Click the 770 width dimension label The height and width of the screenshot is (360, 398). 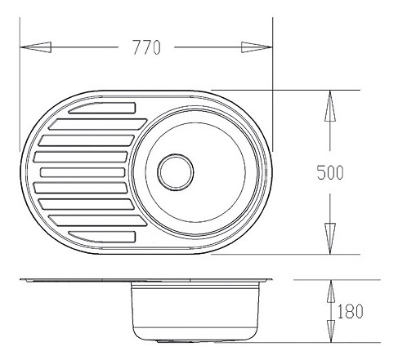pyautogui.click(x=147, y=47)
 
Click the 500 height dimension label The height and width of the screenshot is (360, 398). pyautogui.click(x=330, y=172)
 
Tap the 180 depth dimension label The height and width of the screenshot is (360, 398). pyautogui.click(x=351, y=311)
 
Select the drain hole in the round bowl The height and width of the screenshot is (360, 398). pyautogui.click(x=176, y=172)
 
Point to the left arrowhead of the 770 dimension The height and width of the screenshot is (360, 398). pyautogui.click(x=36, y=47)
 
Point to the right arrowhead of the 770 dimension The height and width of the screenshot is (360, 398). pyautogui.click(x=257, y=47)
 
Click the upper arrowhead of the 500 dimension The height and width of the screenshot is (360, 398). pyautogui.click(x=330, y=105)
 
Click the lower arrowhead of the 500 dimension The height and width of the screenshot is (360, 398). pyautogui.click(x=330, y=238)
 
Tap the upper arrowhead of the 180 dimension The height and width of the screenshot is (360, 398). pyautogui.click(x=331, y=291)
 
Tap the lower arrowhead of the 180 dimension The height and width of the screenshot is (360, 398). pyautogui.click(x=331, y=331)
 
